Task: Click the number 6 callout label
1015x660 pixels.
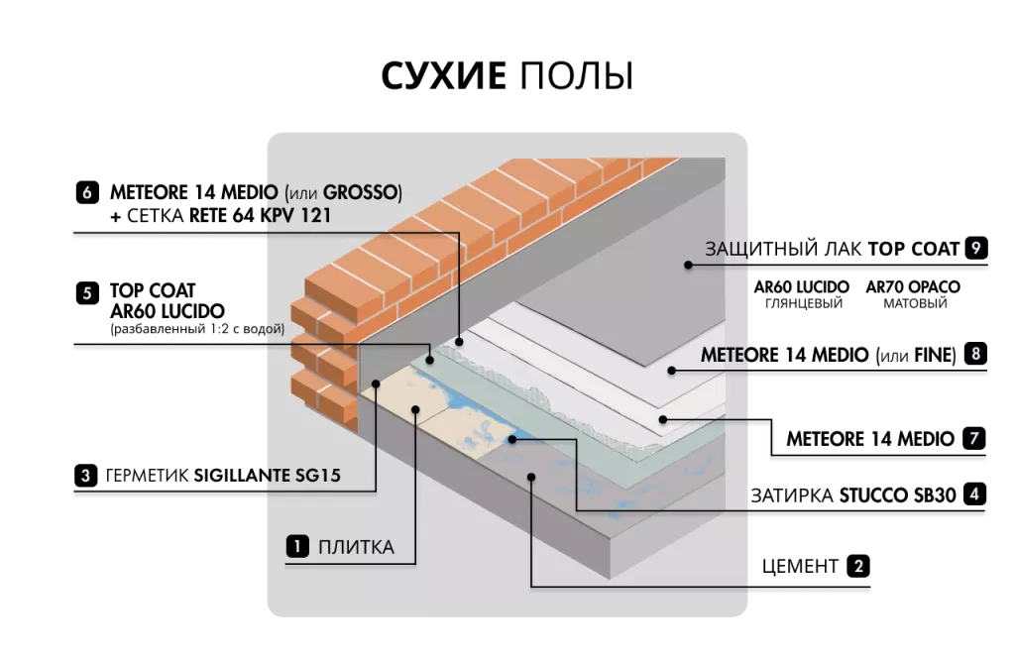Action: point(87,193)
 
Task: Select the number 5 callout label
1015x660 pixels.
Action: point(87,293)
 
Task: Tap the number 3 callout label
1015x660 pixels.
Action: point(86,476)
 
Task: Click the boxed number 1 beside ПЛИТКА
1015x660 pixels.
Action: point(296,546)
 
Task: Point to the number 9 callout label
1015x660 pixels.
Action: point(976,248)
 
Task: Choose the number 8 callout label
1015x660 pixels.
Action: point(976,353)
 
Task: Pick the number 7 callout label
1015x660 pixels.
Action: point(974,438)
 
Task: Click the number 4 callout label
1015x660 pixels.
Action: point(975,493)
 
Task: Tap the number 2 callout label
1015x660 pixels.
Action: point(858,567)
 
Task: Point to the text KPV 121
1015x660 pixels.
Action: point(298,215)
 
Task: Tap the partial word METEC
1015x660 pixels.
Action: point(728,354)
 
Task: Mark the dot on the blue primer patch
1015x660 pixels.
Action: point(511,438)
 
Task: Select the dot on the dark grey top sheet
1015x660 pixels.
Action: point(685,265)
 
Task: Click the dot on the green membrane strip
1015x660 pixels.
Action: point(429,359)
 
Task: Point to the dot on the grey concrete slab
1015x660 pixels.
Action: point(532,477)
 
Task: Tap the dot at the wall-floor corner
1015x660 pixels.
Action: point(377,382)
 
